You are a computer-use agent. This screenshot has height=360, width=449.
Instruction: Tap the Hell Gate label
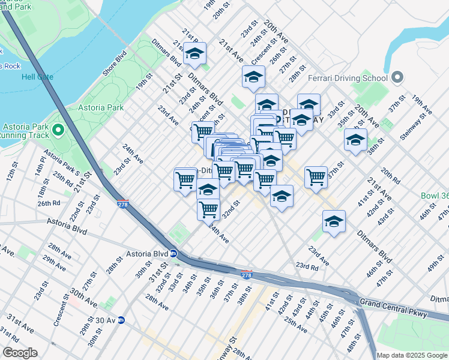(x=37, y=77)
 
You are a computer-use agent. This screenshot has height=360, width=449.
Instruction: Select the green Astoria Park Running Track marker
(x=58, y=129)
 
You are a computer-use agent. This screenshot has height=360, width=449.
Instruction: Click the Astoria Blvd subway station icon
(x=172, y=253)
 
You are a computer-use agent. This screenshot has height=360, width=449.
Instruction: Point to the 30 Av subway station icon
(x=121, y=320)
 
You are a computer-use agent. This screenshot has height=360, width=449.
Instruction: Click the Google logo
(x=20, y=353)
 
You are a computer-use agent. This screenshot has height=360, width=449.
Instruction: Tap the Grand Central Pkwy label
(x=393, y=307)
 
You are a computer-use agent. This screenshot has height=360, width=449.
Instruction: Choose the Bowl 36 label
(x=433, y=196)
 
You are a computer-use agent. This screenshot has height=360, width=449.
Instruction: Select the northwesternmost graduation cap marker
(x=194, y=54)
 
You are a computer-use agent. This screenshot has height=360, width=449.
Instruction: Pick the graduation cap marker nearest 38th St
(x=355, y=141)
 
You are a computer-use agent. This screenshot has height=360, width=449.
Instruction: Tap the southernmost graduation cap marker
(x=334, y=222)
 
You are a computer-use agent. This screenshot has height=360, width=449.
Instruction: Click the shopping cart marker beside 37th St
(x=316, y=177)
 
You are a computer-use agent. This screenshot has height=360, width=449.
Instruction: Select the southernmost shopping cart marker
(x=208, y=209)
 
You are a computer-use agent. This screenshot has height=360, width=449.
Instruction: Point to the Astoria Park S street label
(x=61, y=161)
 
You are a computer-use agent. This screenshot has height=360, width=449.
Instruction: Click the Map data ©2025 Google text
(x=412, y=355)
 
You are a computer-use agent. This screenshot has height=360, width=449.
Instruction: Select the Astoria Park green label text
(x=101, y=108)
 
